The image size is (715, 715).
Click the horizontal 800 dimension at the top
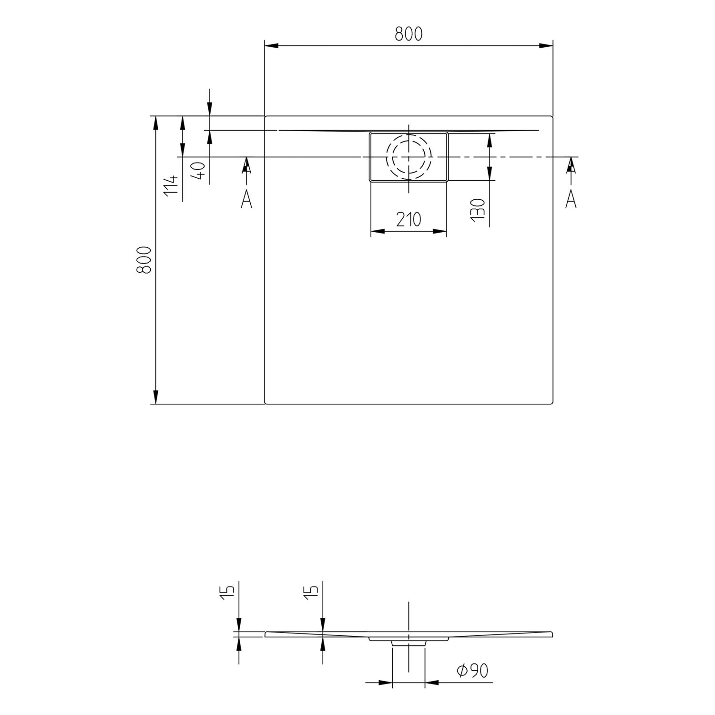coord(409,34)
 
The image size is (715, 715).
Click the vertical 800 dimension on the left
coord(144,260)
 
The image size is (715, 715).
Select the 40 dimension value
coord(199,170)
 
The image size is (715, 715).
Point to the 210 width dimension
coord(409,220)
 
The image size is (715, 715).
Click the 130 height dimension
coord(478,209)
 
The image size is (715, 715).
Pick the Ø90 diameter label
coord(472,671)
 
